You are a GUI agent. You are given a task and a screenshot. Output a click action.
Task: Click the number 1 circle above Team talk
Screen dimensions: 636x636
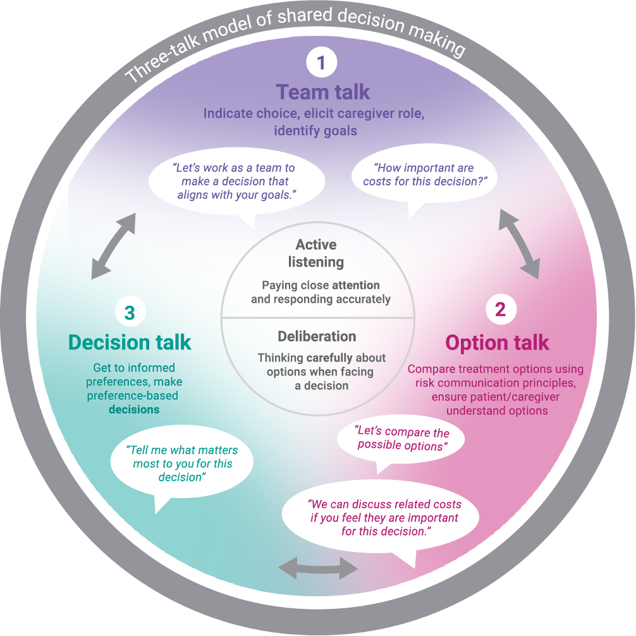coord(322,63)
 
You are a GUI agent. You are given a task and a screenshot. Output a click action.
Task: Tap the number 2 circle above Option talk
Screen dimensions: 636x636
coord(500,309)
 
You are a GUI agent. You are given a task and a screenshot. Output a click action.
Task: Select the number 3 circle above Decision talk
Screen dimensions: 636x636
coord(130,312)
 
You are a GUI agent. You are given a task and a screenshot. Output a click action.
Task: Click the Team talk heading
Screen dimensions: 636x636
coord(322,92)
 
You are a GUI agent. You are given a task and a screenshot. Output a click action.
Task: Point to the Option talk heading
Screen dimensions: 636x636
coord(497,343)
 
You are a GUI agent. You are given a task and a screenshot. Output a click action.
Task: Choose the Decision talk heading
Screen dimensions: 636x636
coord(130,343)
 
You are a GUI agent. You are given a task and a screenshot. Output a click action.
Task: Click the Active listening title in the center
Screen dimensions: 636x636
coord(316,253)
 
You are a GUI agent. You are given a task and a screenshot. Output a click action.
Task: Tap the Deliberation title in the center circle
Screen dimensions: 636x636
coord(317,336)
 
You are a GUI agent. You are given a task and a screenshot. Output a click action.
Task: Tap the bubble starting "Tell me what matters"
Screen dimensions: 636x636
coord(182,463)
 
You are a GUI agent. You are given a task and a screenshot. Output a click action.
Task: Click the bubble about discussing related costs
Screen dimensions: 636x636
coord(384,518)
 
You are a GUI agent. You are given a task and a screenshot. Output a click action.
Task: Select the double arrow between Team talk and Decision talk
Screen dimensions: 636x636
coord(113,247)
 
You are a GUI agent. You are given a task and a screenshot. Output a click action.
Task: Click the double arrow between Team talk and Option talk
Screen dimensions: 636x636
coord(520,244)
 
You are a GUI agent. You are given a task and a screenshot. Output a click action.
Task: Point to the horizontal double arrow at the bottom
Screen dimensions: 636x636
coord(319,568)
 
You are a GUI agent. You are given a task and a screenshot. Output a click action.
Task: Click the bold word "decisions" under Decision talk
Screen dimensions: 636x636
coord(134,409)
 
